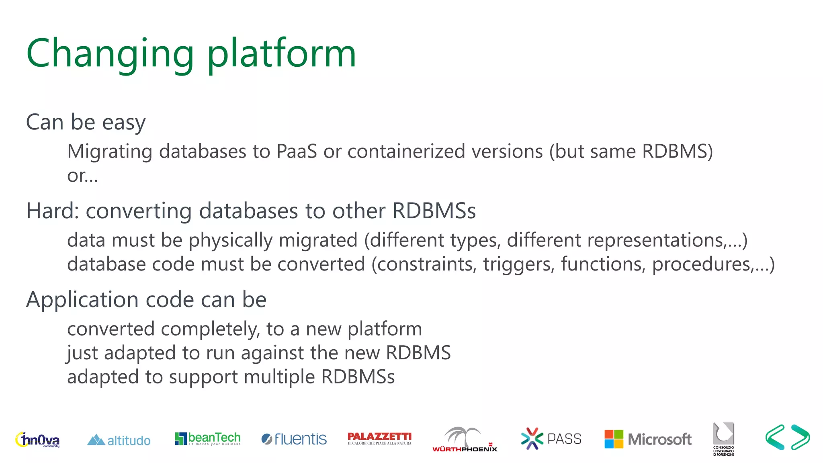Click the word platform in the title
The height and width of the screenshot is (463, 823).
pos(281,54)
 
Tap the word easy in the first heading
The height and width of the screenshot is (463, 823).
pos(124,123)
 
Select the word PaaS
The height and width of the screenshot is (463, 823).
pos(297,152)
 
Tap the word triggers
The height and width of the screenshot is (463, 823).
pos(518,264)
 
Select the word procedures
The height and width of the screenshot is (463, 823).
pos(701,264)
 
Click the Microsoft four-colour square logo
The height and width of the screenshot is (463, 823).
pos(614,439)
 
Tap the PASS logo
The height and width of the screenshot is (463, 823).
pos(551,438)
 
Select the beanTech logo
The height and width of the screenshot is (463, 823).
pos(207,438)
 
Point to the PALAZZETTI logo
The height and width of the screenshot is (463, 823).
pos(379,438)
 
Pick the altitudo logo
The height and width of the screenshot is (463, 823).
pos(119,440)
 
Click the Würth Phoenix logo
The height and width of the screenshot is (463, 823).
pos(465,440)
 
